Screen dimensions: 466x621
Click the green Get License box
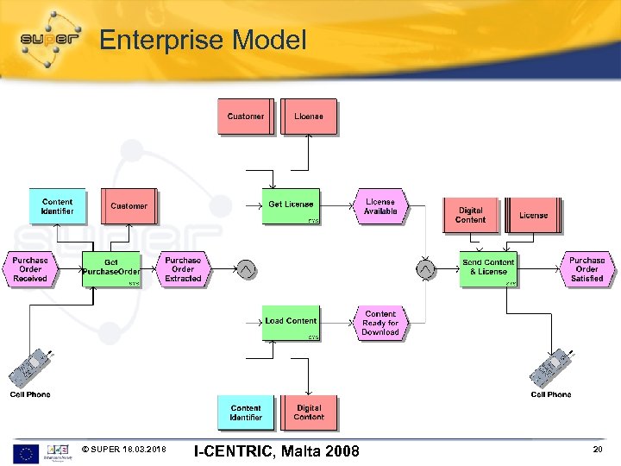click(x=291, y=205)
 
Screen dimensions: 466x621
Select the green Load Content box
click(x=291, y=321)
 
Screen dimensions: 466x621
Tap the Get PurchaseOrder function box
click(x=111, y=269)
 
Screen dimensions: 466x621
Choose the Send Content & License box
click(x=488, y=268)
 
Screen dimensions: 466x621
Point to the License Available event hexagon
click(x=380, y=206)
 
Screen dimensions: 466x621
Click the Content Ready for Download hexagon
click(x=380, y=323)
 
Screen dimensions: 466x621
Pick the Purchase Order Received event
click(x=30, y=269)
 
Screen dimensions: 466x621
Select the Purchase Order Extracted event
click(x=183, y=269)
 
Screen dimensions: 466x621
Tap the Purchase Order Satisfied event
click(x=587, y=269)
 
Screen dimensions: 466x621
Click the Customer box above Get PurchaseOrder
click(x=129, y=206)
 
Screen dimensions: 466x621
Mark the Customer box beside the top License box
click(x=245, y=116)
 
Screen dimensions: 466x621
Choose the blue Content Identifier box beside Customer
click(x=57, y=206)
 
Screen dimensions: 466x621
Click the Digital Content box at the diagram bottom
click(x=309, y=412)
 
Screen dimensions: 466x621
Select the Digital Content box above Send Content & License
click(x=470, y=215)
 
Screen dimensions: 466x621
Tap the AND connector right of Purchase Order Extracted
click(x=247, y=270)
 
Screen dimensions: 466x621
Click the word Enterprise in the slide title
click(x=153, y=40)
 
